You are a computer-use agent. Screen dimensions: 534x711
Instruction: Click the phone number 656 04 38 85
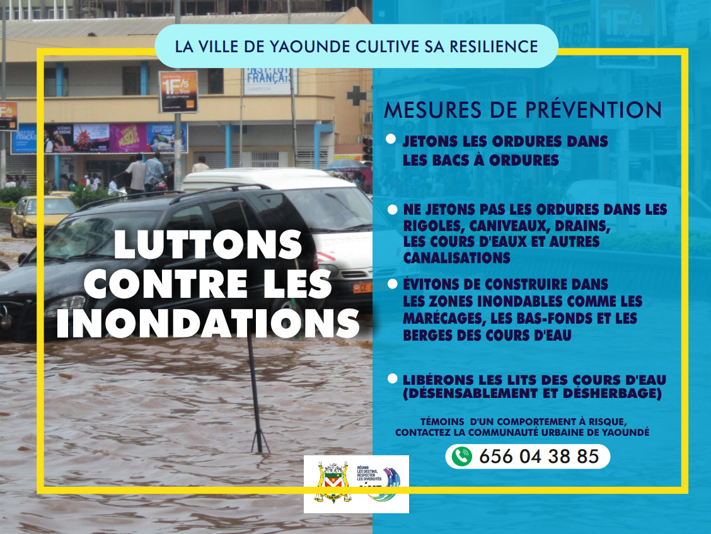tap(539, 457)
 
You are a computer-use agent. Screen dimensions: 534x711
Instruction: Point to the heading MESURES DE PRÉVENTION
tap(523, 110)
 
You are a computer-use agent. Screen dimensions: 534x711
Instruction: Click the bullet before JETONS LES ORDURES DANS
tap(391, 138)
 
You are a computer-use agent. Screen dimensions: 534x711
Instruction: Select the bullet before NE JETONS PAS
tap(391, 208)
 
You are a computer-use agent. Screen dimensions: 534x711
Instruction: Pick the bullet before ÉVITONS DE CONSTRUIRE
tap(391, 285)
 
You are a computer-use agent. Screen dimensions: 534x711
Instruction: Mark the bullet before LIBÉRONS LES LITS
tap(391, 378)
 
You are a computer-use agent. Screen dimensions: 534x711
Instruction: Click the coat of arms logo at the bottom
tap(332, 482)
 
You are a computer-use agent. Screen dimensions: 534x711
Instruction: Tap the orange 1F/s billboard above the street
tap(178, 91)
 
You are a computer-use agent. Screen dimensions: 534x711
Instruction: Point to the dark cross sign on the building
tap(356, 95)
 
